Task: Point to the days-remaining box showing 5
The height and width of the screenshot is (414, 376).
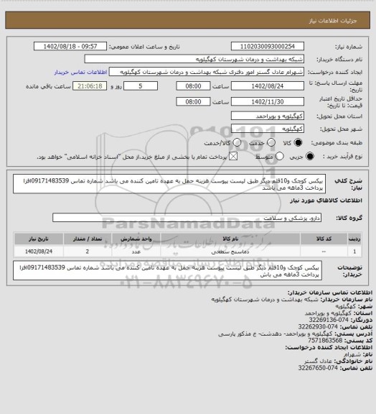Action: [149, 86]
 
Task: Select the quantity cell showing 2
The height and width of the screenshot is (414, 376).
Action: [87, 252]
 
